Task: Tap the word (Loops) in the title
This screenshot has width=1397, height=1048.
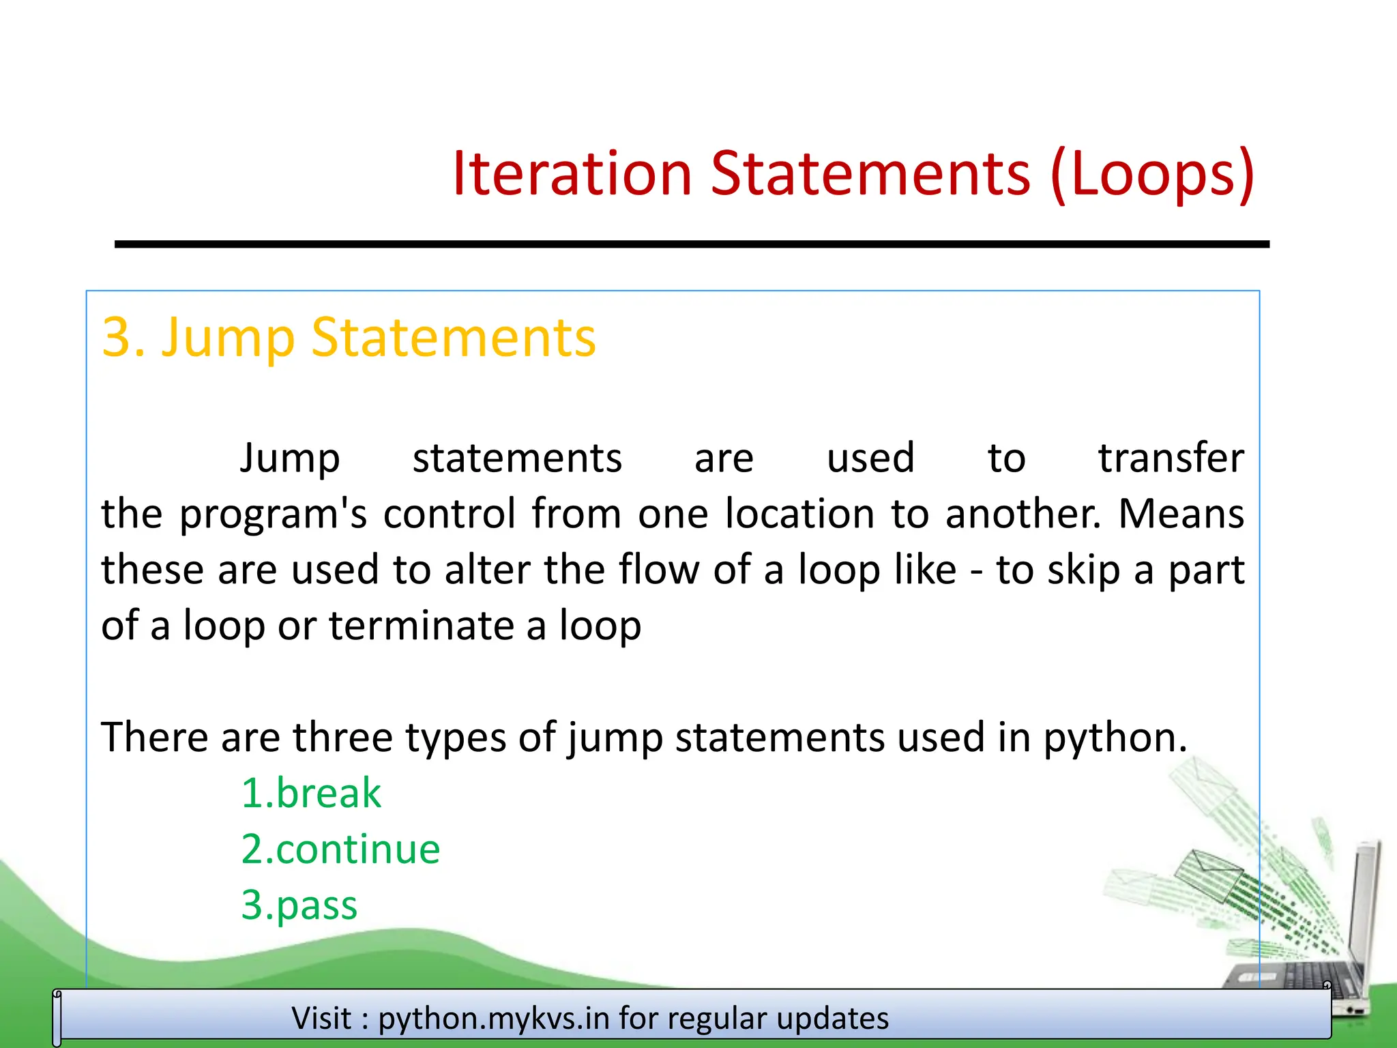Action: [1152, 174]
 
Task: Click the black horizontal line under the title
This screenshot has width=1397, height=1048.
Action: [692, 244]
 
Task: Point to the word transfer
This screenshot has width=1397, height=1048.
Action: [1171, 458]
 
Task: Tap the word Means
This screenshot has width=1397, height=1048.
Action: [1181, 514]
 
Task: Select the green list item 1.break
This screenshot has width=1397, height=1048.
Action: [311, 794]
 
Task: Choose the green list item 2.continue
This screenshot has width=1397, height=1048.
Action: [340, 849]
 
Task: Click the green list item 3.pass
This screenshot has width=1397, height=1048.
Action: [299, 905]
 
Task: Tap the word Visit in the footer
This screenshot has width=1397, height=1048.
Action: [321, 1018]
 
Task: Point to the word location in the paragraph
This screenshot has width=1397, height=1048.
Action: [799, 514]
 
